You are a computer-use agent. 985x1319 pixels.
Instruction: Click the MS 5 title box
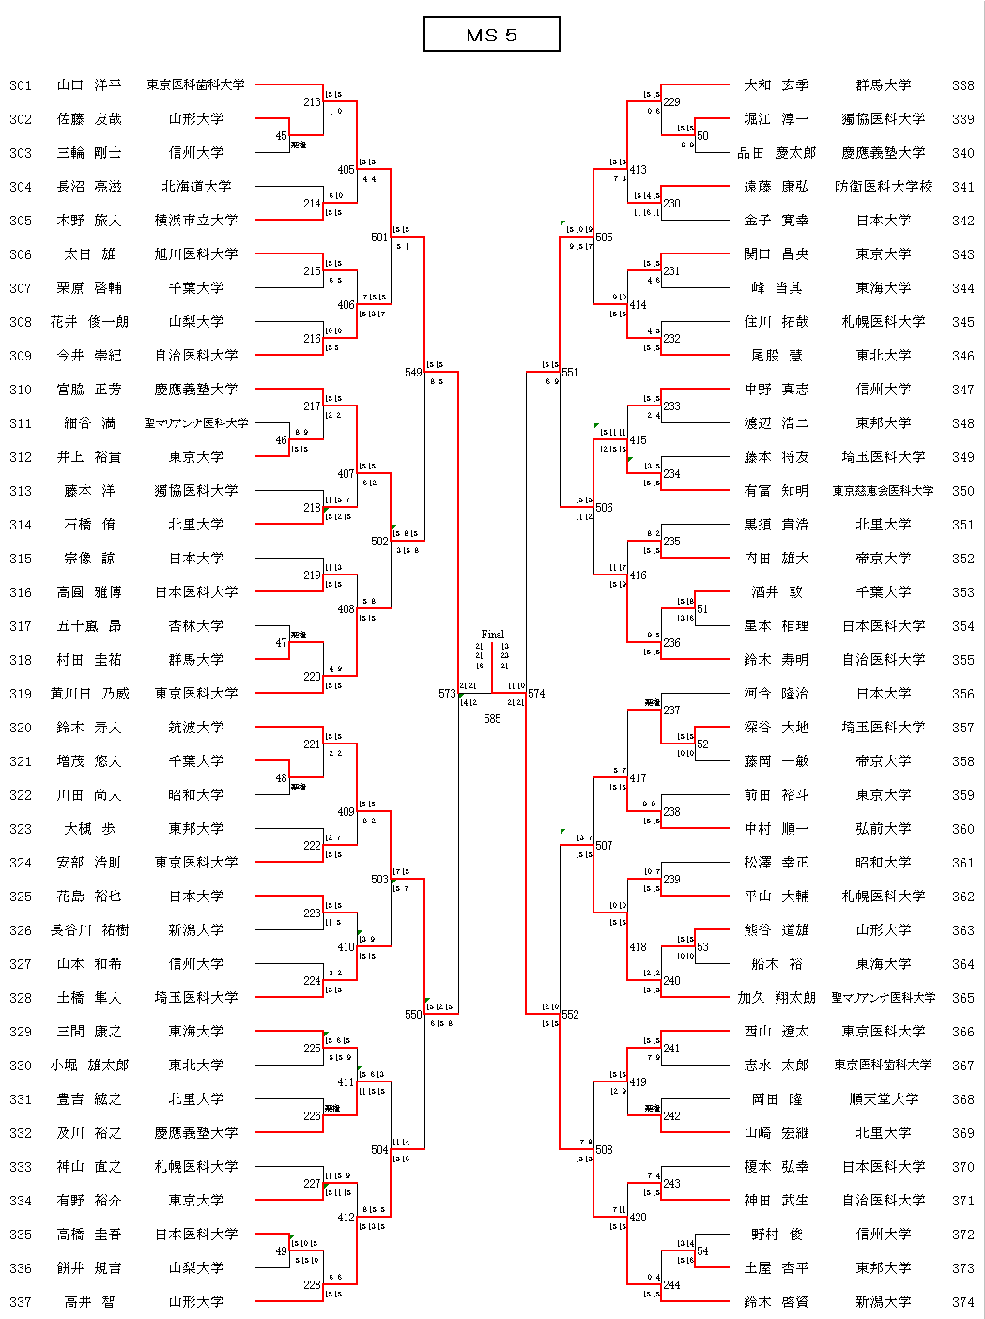[492, 35]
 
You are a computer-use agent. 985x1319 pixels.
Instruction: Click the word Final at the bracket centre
[492, 635]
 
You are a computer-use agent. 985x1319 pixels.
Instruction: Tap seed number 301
[21, 85]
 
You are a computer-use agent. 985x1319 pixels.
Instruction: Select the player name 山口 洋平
[89, 85]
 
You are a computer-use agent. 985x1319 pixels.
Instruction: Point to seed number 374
[962, 1302]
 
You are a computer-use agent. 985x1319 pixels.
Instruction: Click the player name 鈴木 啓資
[776, 1302]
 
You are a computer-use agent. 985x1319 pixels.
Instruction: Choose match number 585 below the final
[492, 719]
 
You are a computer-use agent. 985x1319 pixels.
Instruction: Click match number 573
[447, 694]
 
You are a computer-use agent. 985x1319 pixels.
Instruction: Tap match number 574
[536, 694]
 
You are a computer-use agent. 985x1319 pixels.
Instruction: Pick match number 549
[413, 373]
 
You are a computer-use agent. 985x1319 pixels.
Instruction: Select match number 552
[570, 1015]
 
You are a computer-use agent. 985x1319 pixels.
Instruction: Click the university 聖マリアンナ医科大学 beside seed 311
[196, 423]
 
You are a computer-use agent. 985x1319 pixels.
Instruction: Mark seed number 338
[962, 85]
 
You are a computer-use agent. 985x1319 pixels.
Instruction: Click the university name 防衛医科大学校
[884, 187]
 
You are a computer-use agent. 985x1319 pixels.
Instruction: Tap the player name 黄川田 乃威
[89, 694]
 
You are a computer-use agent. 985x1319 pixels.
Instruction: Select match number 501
[379, 238]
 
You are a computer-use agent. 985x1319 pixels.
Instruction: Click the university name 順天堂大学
[884, 1099]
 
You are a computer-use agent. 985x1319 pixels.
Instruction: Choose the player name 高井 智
[89, 1302]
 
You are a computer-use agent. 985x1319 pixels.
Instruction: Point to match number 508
[604, 1150]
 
